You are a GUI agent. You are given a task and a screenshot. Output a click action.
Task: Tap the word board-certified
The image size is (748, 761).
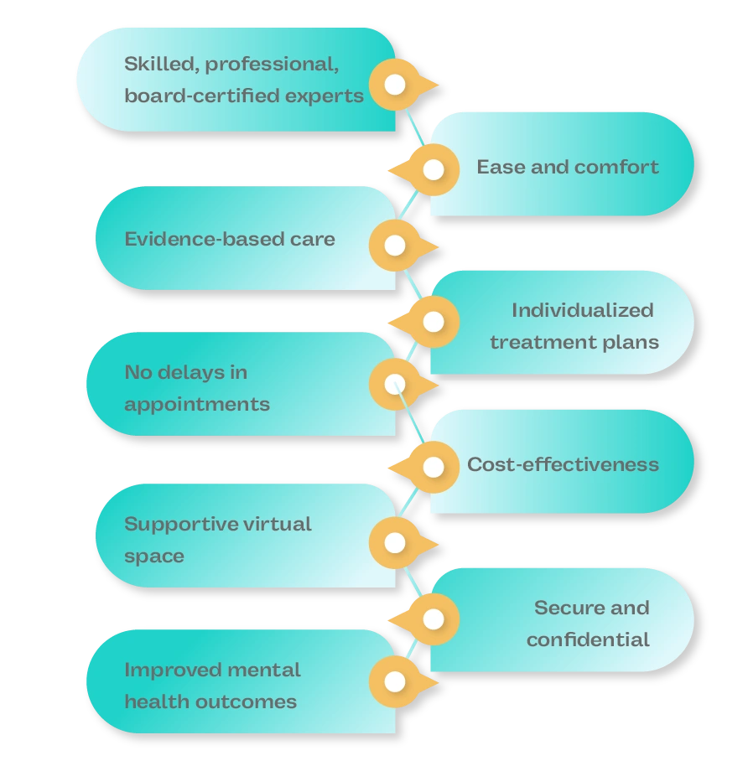coord(200,96)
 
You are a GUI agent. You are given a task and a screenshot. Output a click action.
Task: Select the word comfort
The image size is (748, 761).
coord(617,167)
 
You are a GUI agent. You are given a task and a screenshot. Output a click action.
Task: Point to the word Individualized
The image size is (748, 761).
coord(582,310)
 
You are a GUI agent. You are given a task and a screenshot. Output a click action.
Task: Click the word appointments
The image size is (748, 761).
coord(197,404)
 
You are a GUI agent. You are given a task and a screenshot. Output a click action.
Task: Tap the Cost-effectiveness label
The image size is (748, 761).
coord(563,464)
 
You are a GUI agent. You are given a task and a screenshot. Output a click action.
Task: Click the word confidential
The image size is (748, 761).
coord(588,639)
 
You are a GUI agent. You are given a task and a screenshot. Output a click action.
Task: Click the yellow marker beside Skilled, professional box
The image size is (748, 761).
coord(395,85)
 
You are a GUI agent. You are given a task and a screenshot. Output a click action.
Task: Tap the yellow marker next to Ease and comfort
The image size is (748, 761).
coord(433,170)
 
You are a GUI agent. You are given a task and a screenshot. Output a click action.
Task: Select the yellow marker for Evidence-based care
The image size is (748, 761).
coord(395,246)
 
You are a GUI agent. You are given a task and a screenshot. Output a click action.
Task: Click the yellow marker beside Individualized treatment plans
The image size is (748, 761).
coord(433,322)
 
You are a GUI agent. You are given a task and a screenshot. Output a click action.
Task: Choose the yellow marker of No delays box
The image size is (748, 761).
coord(395,384)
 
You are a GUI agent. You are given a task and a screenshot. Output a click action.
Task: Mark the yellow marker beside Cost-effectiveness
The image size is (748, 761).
coord(433,467)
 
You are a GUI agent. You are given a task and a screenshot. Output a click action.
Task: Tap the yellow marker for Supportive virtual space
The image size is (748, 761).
coord(395,543)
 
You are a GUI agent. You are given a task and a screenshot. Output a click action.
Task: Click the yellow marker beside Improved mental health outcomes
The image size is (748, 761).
coord(395,682)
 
